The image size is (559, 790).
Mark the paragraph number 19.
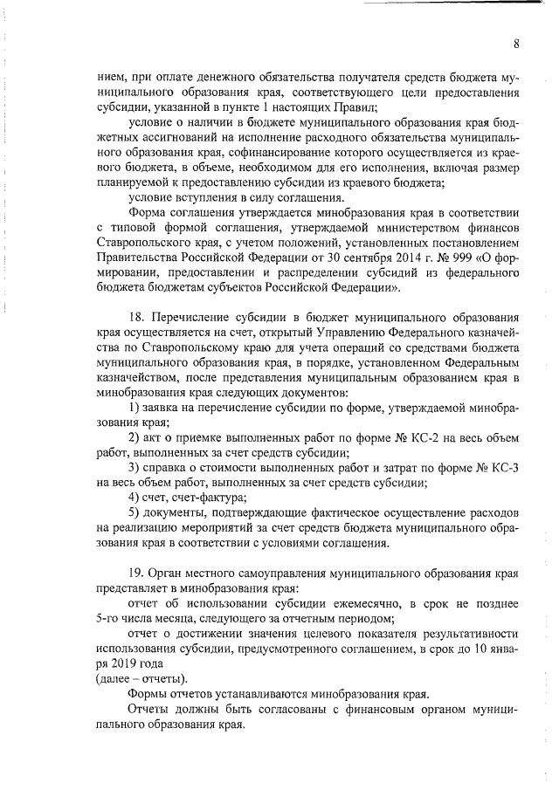[x=136, y=573]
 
